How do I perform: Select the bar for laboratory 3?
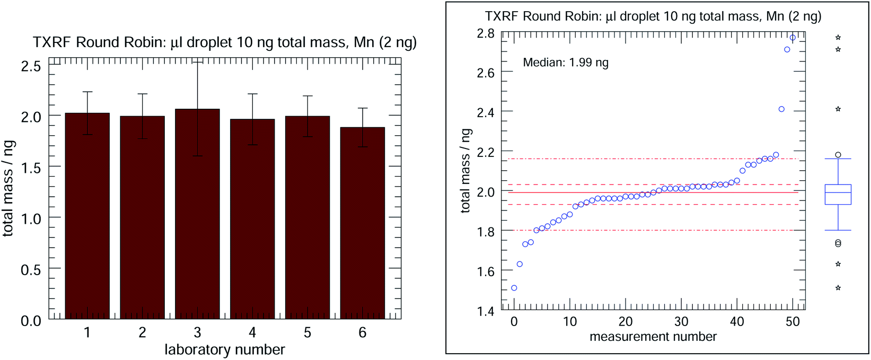pos(197,212)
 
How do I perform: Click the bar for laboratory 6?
pos(362,223)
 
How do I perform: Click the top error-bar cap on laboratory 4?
pos(252,94)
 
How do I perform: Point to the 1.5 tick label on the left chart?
pos(30,168)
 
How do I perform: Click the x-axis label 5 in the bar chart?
pos(307,333)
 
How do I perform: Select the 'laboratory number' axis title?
pos(224,350)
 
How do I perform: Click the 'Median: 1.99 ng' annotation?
pos(565,63)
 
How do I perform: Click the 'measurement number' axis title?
pos(653,337)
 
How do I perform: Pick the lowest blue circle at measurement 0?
pos(514,288)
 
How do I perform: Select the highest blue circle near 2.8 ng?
pos(793,38)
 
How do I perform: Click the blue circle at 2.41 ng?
pos(781,109)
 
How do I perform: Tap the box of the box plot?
pos(838,195)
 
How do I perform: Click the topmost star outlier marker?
pos(838,38)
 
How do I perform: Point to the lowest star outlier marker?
pos(838,288)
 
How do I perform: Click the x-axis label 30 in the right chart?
pos(681,322)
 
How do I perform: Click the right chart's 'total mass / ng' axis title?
pos(465,171)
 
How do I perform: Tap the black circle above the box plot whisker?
pos(838,155)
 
